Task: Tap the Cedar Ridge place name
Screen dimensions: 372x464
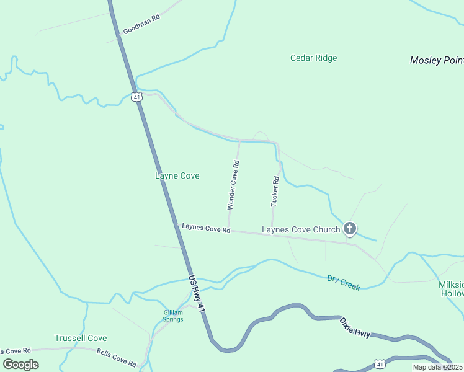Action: point(313,58)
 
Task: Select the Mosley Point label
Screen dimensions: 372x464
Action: point(437,60)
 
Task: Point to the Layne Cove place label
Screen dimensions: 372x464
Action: point(177,176)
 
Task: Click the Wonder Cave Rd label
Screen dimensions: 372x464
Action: point(233,184)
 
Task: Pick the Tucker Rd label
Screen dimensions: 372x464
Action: point(275,191)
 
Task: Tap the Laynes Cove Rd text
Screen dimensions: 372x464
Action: point(206,228)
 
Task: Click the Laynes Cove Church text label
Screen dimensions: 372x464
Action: point(301,230)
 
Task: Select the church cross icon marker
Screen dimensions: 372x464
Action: point(350,229)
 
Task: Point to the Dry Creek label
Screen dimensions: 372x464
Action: point(344,283)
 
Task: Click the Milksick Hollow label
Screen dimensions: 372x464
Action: point(451,288)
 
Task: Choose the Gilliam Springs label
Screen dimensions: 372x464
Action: point(173,316)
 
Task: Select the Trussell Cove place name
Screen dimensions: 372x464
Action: point(81,339)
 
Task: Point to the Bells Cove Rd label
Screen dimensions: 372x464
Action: point(116,357)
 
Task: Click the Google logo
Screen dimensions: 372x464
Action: point(20,365)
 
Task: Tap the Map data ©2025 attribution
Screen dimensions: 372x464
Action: point(437,367)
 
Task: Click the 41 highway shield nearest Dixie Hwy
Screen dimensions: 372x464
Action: point(379,363)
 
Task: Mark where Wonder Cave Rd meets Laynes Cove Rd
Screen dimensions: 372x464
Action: point(229,229)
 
